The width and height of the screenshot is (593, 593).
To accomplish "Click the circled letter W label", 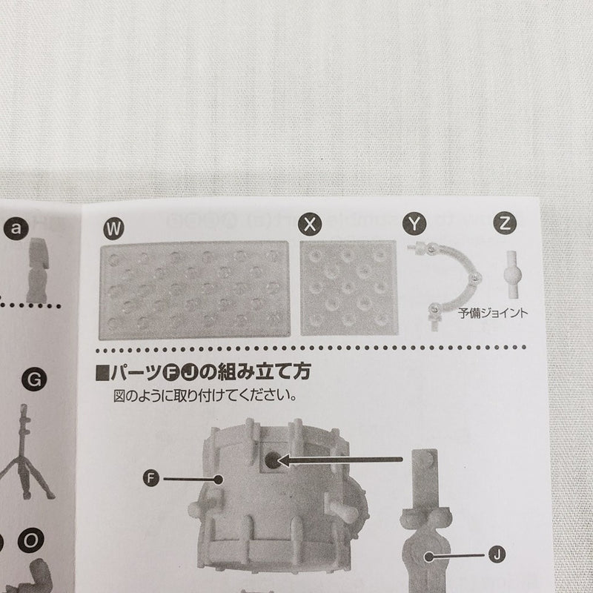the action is [x=113, y=228].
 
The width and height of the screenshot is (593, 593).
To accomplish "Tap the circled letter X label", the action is [x=310, y=225].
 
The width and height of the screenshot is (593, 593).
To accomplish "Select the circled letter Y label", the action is [x=414, y=224].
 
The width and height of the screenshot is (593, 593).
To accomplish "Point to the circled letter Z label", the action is [x=505, y=223].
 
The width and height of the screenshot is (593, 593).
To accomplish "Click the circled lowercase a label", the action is [x=16, y=228].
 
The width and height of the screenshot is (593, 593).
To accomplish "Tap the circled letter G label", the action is [x=34, y=379].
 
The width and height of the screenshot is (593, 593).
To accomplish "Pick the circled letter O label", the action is [x=31, y=540].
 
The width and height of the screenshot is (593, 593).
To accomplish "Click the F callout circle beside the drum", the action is [x=151, y=478].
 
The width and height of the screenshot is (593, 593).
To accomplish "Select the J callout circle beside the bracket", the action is [x=497, y=554].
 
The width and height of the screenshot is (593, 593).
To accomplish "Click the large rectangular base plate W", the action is [x=194, y=291].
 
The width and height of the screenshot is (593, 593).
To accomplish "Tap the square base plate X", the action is [x=348, y=288].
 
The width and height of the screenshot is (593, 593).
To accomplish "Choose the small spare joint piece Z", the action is [x=511, y=274].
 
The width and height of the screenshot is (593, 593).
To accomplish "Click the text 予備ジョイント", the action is [x=492, y=313].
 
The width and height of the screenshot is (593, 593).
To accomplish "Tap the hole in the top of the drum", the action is [x=271, y=460].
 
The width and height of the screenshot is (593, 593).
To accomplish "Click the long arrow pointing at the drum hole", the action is [x=340, y=460].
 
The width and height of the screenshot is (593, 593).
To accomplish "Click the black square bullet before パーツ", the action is [x=102, y=373].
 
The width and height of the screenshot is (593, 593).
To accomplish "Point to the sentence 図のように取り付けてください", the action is [x=205, y=396].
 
